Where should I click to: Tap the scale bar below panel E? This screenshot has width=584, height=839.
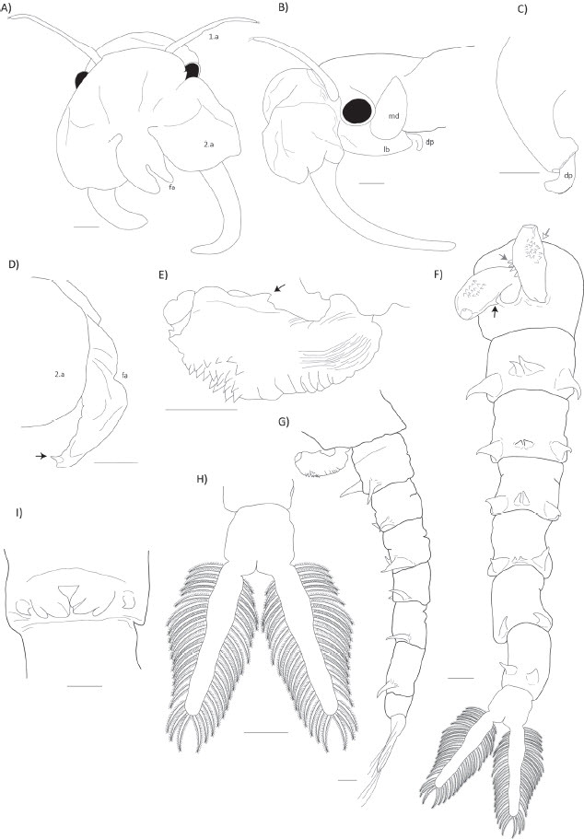(200, 411)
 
